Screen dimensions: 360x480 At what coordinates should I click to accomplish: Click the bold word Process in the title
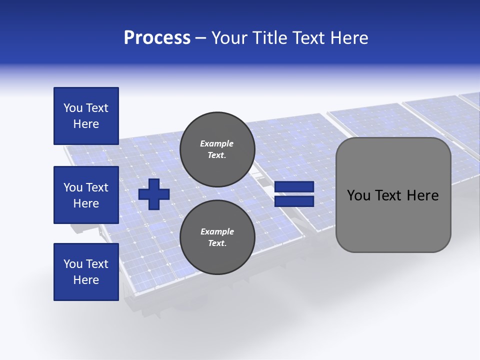click(x=157, y=38)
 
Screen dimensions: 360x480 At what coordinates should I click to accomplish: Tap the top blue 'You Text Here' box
click(x=86, y=116)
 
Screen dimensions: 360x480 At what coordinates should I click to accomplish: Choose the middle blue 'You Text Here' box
click(x=86, y=195)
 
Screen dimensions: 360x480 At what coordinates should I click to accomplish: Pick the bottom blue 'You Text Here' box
click(x=86, y=272)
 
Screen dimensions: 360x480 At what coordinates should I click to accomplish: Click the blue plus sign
click(x=154, y=193)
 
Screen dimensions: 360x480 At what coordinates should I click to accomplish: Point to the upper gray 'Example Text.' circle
click(x=217, y=149)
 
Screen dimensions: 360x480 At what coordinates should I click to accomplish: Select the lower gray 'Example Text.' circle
click(x=217, y=237)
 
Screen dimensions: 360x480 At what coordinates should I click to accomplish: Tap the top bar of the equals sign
click(x=294, y=186)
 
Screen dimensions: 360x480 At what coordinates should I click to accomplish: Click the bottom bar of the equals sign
click(x=294, y=201)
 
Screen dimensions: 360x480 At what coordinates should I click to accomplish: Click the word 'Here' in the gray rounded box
click(x=422, y=195)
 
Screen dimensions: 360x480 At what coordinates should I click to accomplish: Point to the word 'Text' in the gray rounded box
click(x=390, y=195)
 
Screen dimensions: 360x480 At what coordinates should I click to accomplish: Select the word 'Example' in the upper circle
click(x=217, y=143)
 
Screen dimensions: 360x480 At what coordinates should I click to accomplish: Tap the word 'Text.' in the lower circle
click(x=217, y=243)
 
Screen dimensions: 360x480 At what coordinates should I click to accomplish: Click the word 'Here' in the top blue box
click(x=86, y=124)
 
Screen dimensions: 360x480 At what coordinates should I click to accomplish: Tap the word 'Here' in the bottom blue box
click(x=86, y=280)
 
